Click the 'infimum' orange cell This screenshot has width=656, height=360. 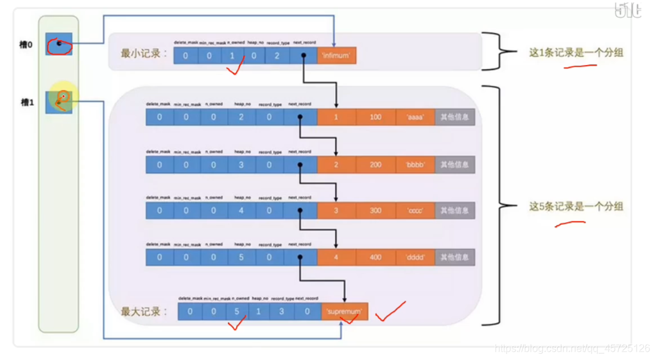click(x=336, y=56)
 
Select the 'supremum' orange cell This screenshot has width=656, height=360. click(x=345, y=311)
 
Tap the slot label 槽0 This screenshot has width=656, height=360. click(x=26, y=45)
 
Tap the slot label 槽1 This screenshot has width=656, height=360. click(x=26, y=101)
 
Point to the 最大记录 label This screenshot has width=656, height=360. click(x=144, y=312)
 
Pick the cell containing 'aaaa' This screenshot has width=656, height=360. click(x=415, y=117)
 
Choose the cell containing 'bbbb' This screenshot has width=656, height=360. click(x=415, y=164)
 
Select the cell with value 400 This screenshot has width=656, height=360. click(x=375, y=257)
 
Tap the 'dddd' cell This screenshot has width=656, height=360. click(x=415, y=257)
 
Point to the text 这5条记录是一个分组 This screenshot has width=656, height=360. click(x=567, y=206)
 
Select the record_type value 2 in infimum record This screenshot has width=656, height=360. click(x=277, y=56)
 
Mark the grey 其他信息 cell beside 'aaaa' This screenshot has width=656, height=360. click(x=455, y=117)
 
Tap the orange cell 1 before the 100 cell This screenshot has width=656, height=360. click(x=336, y=117)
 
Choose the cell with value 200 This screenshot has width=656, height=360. click(x=375, y=164)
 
